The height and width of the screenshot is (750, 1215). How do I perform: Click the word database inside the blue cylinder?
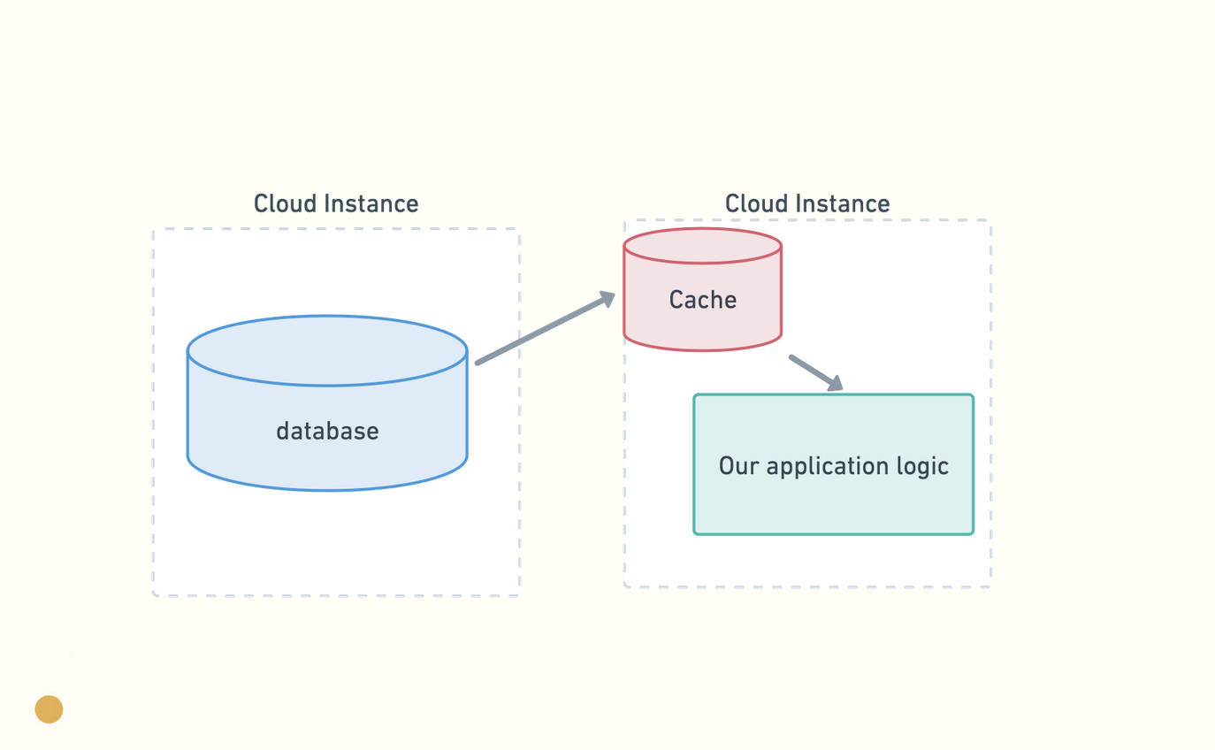(x=327, y=431)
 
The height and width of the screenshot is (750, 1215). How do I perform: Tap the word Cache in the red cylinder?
(x=702, y=300)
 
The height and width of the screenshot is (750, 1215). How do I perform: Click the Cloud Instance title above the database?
(x=336, y=203)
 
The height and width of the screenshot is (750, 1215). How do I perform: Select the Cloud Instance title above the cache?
(x=807, y=203)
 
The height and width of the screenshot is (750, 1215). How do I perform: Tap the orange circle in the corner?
(x=49, y=708)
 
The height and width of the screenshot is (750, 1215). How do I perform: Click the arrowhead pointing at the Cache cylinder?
(x=607, y=299)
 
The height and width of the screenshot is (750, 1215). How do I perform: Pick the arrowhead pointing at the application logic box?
(x=835, y=383)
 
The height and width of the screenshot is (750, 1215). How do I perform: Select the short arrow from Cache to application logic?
(x=816, y=373)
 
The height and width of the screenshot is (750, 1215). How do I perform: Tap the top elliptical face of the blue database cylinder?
(x=327, y=350)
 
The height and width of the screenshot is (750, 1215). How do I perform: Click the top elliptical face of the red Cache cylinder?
(x=702, y=246)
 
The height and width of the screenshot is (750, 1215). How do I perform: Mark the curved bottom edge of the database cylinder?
(x=327, y=489)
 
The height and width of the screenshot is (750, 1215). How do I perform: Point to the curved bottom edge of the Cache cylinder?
(x=702, y=349)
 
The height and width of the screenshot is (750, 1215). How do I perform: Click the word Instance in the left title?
(x=371, y=203)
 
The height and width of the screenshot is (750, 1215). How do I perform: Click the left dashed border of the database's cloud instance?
(x=154, y=412)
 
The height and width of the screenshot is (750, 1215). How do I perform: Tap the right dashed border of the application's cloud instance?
(x=991, y=403)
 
